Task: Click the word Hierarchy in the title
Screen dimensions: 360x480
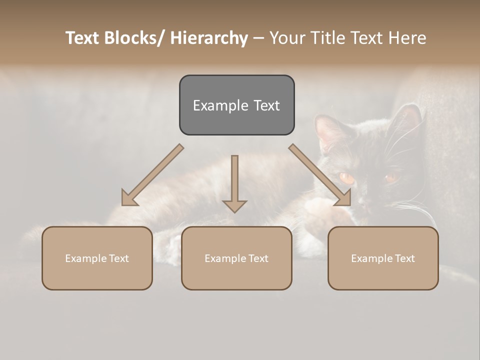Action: (209, 38)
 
